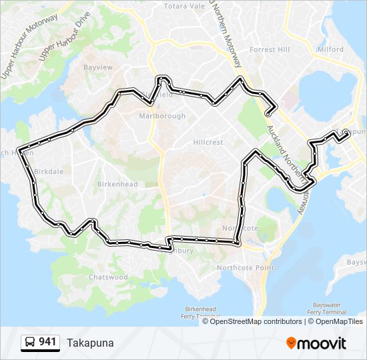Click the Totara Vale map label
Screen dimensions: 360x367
tap(185, 6)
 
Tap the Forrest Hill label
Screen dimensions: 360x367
tap(270, 49)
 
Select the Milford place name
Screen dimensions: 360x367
tap(330, 49)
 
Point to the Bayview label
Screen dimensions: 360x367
tap(97, 67)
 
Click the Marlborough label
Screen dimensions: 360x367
tap(162, 116)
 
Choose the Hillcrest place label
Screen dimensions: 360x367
tap(208, 143)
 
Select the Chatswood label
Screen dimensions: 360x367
tap(108, 277)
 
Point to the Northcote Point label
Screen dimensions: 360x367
tap(245, 268)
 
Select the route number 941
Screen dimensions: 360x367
tap(47, 342)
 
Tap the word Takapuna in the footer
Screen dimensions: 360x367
tap(90, 343)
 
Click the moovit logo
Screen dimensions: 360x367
tap(316, 343)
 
